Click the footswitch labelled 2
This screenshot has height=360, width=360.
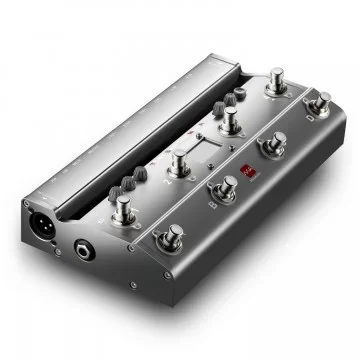[x=179, y=163]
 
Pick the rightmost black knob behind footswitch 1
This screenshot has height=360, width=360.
[x=141, y=174]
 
